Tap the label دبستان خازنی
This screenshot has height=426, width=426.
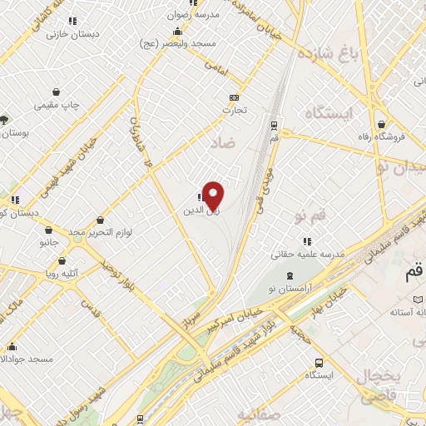[x=66, y=34]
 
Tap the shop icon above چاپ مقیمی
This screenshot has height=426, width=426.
[x=56, y=92]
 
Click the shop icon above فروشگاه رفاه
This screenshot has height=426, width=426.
[x=379, y=122]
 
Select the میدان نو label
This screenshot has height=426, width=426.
[x=404, y=166]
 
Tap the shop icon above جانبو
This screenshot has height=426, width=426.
[x=49, y=230]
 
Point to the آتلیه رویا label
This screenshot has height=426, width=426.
[x=63, y=270]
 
